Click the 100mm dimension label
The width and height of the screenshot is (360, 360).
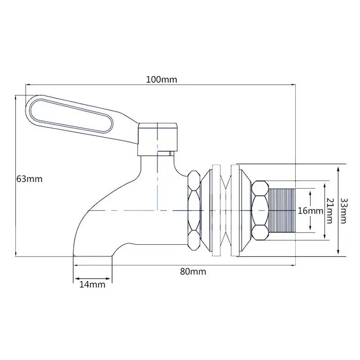tap(162, 80)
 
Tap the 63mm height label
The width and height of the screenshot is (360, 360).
tap(29, 179)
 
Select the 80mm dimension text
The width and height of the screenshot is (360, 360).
tap(193, 272)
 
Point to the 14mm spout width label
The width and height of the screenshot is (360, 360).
tap(92, 284)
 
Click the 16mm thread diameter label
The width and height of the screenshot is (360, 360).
tap(310, 211)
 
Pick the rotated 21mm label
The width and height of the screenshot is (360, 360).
tap(329, 211)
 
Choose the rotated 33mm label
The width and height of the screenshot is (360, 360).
tap(343, 211)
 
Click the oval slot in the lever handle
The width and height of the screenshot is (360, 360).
tap(72, 116)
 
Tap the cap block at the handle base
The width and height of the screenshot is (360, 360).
tap(157, 139)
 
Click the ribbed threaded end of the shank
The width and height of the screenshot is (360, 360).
tap(282, 211)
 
